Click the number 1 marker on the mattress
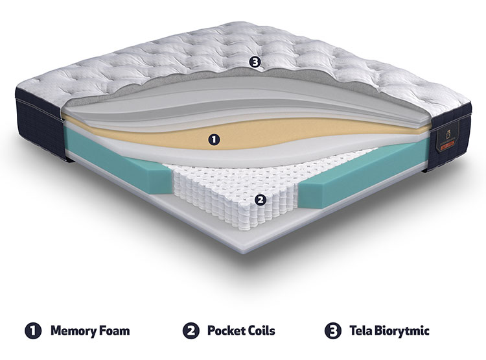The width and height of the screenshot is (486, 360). click(214, 139)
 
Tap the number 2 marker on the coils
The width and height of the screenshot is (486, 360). click(260, 200)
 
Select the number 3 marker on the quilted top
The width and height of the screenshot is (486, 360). click(255, 62)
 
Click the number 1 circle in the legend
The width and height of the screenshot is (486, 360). click(33, 331)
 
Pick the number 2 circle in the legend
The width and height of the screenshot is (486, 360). click(191, 331)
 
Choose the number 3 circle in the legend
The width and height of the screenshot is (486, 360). click(333, 331)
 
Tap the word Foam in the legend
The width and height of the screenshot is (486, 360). click(114, 331)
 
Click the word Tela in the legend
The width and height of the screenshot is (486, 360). click(360, 331)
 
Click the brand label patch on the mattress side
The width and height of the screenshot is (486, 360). click(448, 136)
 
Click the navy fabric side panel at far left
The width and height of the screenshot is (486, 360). click(39, 124)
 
